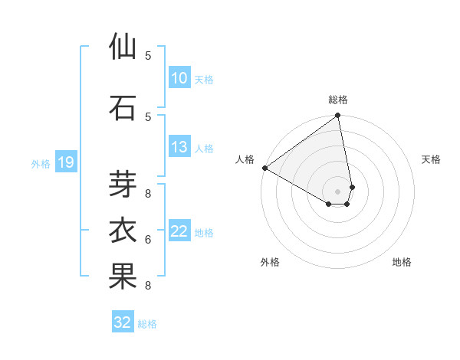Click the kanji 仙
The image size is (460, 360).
(123, 47)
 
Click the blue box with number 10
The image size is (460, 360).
(179, 78)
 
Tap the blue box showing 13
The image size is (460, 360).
(179, 148)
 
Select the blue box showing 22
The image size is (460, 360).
(179, 232)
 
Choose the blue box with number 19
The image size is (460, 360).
(65, 162)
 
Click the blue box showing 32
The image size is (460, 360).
(123, 322)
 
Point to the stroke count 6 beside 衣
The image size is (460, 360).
(148, 240)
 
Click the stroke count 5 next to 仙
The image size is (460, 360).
(148, 55)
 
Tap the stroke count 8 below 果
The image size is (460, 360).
(148, 286)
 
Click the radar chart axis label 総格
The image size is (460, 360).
(338, 100)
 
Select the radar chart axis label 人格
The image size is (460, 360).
(245, 159)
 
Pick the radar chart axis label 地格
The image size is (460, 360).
(402, 262)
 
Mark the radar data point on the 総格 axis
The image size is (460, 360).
(337, 116)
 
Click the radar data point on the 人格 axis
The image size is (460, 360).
(264, 168)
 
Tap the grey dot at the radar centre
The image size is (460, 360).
(337, 191)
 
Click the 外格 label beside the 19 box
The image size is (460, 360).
(41, 163)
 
